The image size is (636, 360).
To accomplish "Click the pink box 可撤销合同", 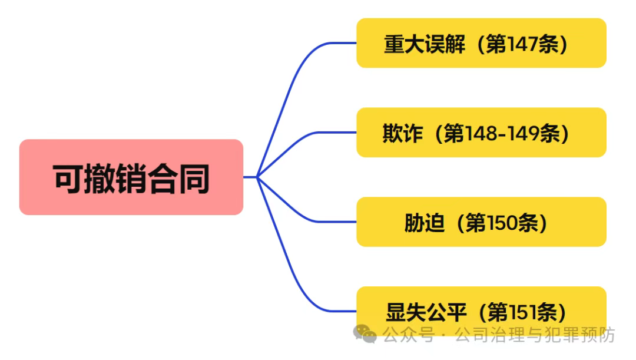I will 131,177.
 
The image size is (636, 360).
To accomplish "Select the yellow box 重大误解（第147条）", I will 481,43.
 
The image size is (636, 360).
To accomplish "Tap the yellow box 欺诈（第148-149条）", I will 481,133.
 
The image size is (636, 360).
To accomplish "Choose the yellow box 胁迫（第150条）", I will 481,222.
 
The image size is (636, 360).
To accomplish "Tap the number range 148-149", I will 502,134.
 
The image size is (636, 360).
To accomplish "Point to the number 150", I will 500,223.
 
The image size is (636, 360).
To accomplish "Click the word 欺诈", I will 403,134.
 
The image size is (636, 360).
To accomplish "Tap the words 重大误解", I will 424,44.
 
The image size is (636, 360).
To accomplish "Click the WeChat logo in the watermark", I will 365,334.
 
